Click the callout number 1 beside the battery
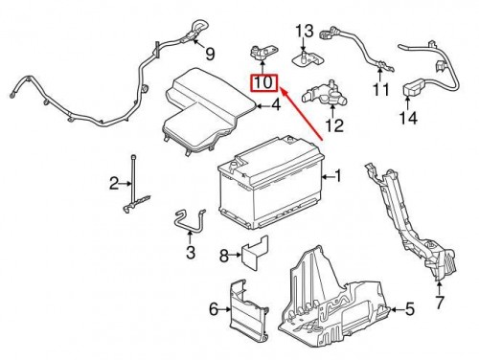[336, 176]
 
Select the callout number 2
[113, 182]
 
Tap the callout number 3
[190, 253]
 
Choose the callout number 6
[214, 307]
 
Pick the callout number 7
[440, 304]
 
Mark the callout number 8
[223, 256]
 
